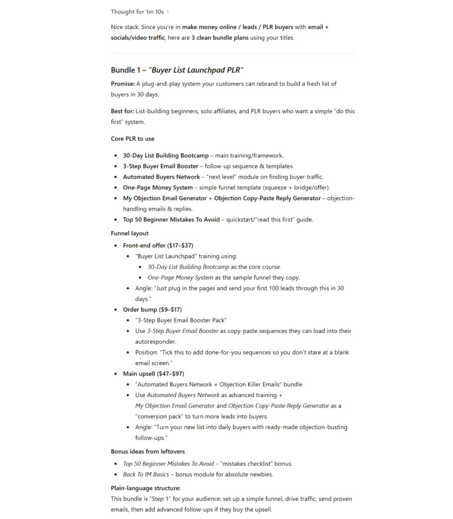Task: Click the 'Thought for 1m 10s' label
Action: click(x=137, y=12)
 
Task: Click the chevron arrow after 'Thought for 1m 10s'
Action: click(x=168, y=12)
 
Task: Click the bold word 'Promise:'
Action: click(x=123, y=84)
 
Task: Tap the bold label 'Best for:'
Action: click(x=123, y=111)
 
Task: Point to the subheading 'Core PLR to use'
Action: click(x=133, y=139)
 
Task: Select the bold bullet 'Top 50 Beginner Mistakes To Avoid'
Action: click(x=171, y=219)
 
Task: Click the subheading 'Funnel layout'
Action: click(x=130, y=234)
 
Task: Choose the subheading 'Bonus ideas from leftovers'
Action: click(x=148, y=452)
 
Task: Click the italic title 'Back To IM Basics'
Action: click(x=146, y=474)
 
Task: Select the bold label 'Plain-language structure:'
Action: click(x=146, y=488)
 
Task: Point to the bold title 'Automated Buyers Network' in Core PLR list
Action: click(x=161, y=177)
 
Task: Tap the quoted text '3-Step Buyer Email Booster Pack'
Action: click(x=181, y=320)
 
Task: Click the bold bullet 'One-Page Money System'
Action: click(x=158, y=188)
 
